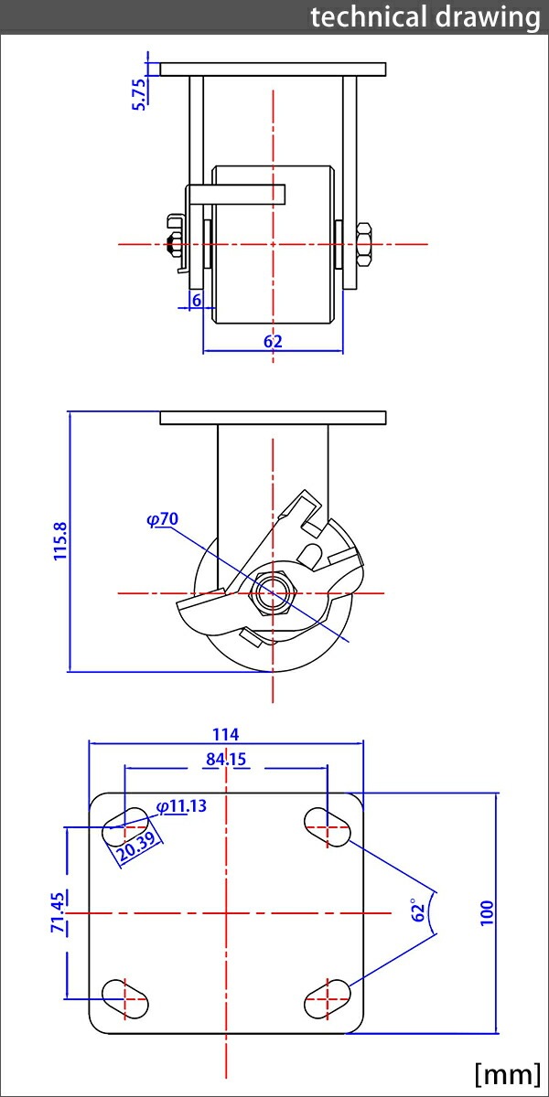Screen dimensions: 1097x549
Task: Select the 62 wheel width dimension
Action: click(x=273, y=341)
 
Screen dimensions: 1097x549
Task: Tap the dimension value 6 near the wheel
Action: click(x=195, y=299)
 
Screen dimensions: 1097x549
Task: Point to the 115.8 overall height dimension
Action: click(x=60, y=542)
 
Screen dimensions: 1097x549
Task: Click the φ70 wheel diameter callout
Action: click(x=162, y=519)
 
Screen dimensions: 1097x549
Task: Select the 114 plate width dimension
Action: click(x=225, y=733)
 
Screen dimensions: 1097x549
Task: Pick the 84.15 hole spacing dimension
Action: click(x=225, y=759)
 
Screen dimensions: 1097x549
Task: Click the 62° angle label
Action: click(x=419, y=911)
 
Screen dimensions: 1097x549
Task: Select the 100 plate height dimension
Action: click(x=486, y=912)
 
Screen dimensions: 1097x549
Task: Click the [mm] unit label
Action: click(x=506, y=1072)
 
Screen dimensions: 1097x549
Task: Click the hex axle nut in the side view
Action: click(x=272, y=593)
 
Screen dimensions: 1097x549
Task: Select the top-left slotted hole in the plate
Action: click(x=125, y=825)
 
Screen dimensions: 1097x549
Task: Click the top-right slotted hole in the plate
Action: click(x=327, y=825)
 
